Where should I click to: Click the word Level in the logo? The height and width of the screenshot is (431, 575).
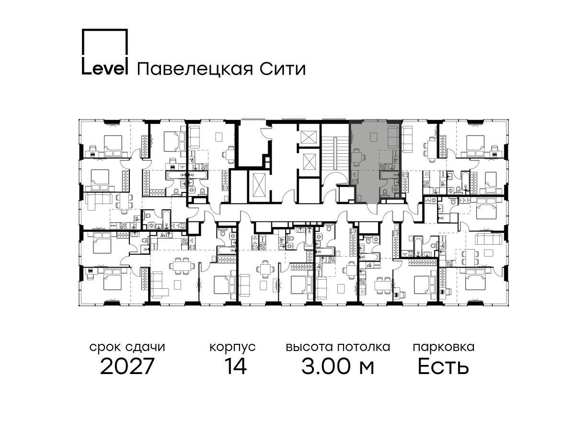point(105,68)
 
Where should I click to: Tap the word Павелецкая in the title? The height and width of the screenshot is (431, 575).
point(195,69)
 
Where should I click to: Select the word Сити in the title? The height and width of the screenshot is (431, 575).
point(283,69)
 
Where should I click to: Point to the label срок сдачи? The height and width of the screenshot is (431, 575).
point(127,347)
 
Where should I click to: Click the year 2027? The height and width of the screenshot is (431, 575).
point(127,366)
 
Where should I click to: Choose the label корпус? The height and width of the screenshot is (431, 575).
point(232,348)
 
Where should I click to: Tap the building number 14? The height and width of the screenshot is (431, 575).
point(236,366)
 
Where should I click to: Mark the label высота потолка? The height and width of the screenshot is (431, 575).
point(338,347)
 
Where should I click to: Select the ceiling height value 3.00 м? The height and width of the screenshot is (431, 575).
point(338,366)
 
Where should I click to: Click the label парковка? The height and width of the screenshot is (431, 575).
point(444,348)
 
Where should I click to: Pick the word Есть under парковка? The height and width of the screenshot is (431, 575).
point(443,366)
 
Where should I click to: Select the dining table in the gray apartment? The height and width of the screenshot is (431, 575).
point(357,157)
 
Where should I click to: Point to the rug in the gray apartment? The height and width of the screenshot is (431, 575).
point(374,136)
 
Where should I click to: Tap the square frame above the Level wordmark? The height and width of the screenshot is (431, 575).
point(105,30)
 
